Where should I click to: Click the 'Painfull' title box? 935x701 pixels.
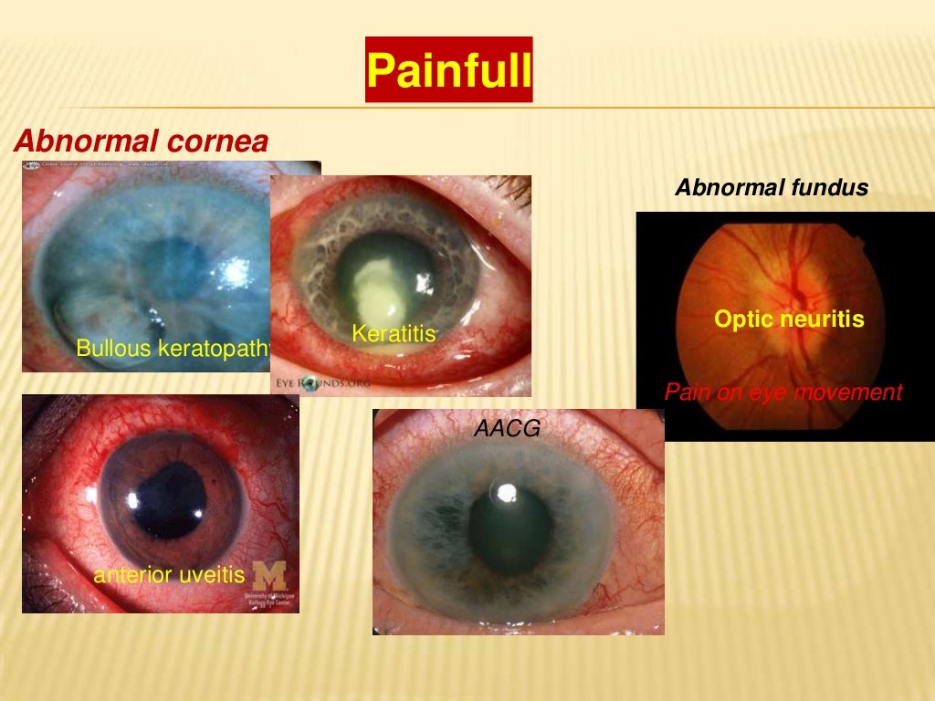click(448, 70)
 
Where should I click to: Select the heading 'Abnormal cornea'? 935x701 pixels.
click(142, 141)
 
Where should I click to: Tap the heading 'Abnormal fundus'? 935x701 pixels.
click(772, 188)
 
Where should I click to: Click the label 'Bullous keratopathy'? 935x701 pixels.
click(173, 348)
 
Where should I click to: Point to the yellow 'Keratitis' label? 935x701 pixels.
click(394, 335)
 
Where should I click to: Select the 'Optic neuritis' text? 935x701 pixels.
click(789, 319)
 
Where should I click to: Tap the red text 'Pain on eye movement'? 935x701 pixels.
click(783, 392)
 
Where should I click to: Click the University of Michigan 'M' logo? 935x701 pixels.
click(268, 575)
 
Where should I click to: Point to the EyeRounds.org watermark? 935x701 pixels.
click(322, 384)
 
